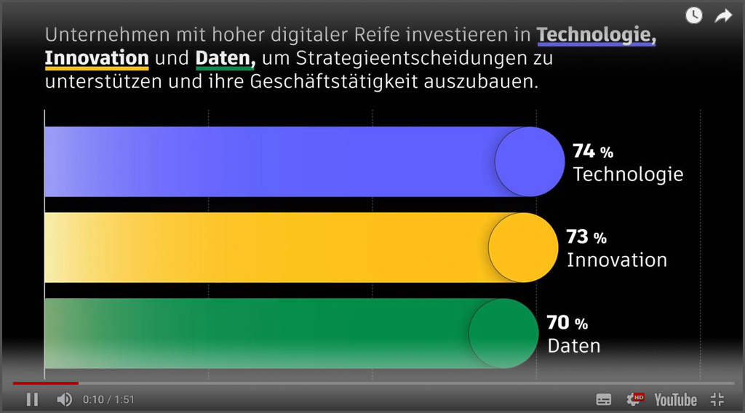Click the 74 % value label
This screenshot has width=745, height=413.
(x=592, y=151)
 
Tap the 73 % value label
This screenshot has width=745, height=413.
(x=586, y=237)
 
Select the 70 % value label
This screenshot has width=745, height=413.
(x=567, y=323)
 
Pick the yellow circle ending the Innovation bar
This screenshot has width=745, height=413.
(x=523, y=248)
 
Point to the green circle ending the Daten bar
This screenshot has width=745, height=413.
(x=503, y=334)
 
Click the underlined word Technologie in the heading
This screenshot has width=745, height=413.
(x=596, y=35)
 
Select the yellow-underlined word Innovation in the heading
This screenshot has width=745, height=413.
(x=97, y=58)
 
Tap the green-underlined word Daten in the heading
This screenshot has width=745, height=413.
(x=225, y=58)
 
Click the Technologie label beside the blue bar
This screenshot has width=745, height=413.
(x=628, y=175)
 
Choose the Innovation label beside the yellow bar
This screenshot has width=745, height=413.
(x=616, y=260)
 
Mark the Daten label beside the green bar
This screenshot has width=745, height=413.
(x=574, y=346)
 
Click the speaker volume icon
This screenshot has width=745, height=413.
(x=65, y=399)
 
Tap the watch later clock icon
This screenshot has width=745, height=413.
(x=694, y=15)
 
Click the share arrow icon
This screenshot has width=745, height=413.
(x=723, y=15)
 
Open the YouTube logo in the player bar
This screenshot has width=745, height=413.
(x=675, y=399)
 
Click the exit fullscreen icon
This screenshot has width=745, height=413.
(x=717, y=399)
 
